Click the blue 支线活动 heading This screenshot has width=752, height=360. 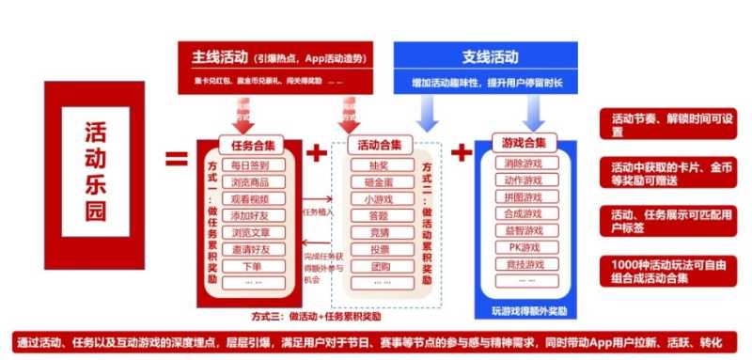[x=491, y=57]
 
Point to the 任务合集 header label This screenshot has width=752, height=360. [x=251, y=145]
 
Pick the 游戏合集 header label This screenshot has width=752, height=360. [x=525, y=143]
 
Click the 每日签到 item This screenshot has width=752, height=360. [x=250, y=164]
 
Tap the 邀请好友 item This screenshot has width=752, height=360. [x=250, y=249]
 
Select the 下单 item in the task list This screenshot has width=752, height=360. [x=250, y=266]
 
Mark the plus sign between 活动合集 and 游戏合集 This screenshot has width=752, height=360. [x=462, y=152]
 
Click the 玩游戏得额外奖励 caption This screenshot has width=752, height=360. [x=529, y=309]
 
